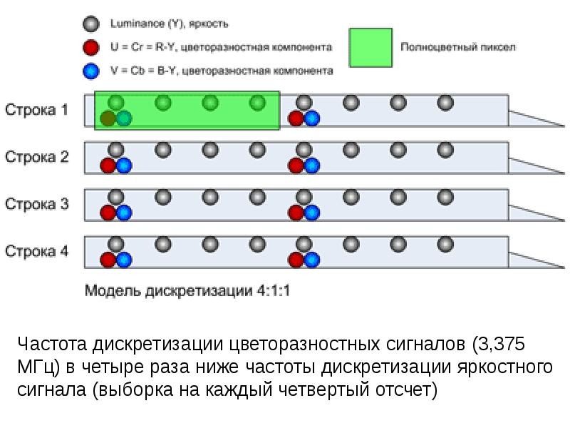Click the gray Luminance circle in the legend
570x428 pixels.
tap(90, 24)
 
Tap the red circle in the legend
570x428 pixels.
tap(90, 48)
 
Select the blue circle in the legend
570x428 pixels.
tap(90, 71)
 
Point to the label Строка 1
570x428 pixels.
tap(37, 110)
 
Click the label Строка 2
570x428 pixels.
tap(37, 157)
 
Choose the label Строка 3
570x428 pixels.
tap(37, 204)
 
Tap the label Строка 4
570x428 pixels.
tap(37, 251)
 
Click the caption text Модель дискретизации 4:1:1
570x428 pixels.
tap(188, 291)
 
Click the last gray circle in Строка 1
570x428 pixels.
tap(445, 103)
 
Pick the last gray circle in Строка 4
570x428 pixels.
tap(445, 245)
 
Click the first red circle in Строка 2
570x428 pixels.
tap(108, 165)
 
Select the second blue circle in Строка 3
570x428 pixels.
tap(312, 213)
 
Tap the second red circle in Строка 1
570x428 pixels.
tap(296, 118)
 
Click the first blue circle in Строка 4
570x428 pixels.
tap(124, 260)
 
